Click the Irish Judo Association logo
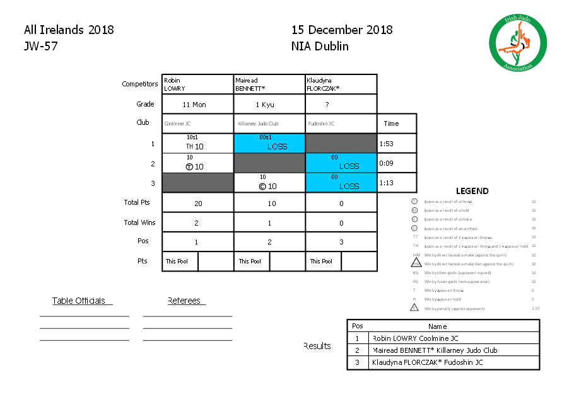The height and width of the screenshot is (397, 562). pyautogui.click(x=518, y=42)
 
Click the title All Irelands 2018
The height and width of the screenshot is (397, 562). pyautogui.click(x=69, y=30)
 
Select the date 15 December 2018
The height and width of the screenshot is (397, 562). pyautogui.click(x=342, y=30)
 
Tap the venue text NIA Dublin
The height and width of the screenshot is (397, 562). pyautogui.click(x=320, y=46)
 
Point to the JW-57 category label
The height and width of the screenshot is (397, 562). pyautogui.click(x=41, y=46)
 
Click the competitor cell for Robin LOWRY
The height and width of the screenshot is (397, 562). pyautogui.click(x=197, y=84)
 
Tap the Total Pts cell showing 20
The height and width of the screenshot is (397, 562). pyautogui.click(x=197, y=204)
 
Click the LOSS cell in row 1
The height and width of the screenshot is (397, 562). pyautogui.click(x=269, y=144)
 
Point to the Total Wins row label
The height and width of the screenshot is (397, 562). pyautogui.click(x=139, y=222)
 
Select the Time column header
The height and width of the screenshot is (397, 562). pyautogui.click(x=391, y=124)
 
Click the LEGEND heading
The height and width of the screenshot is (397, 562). pyautogui.click(x=472, y=191)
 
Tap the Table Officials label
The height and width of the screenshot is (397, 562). pyautogui.click(x=78, y=301)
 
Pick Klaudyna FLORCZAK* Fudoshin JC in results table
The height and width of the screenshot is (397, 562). pyautogui.click(x=428, y=362)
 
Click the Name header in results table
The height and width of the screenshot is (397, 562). pyautogui.click(x=437, y=326)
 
